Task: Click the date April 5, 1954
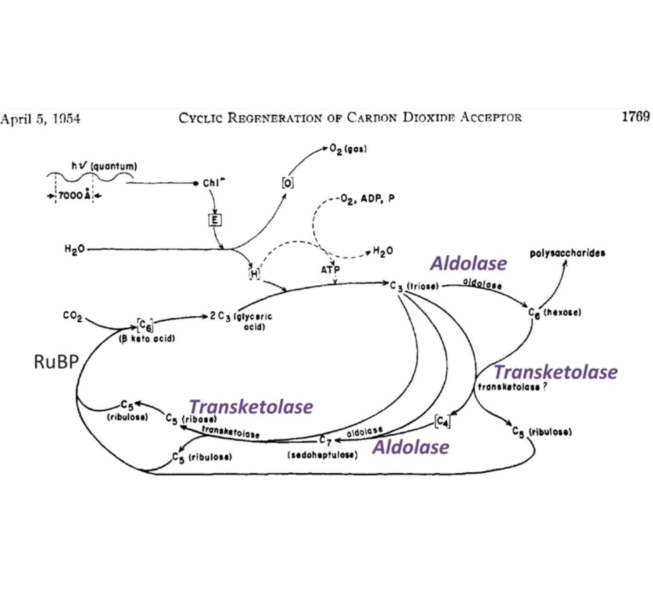tap(40, 119)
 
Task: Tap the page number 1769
tap(635, 116)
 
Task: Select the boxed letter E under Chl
tap(214, 220)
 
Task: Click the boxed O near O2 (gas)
tap(287, 183)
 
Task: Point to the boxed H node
tap(254, 274)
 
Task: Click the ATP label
tap(330, 270)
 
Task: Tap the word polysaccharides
tap(567, 253)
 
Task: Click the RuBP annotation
tap(56, 362)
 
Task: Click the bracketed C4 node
tap(442, 421)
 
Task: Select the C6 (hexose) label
tap(554, 313)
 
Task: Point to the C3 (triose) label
tap(414, 286)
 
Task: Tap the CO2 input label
tap(73, 317)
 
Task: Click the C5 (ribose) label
tap(191, 419)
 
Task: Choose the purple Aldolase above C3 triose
tap(468, 263)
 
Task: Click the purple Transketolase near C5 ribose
tap(251, 407)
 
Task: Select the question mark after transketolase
tap(545, 387)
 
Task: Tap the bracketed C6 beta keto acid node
tap(145, 325)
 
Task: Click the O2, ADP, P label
tap(367, 199)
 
